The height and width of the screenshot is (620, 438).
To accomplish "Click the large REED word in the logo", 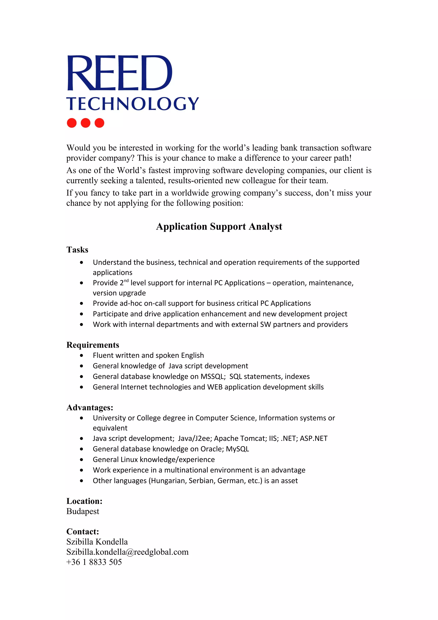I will pos(119,73).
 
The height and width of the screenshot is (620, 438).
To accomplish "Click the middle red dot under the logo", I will pos(85,123).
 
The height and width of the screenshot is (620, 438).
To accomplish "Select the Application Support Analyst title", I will pos(219,226).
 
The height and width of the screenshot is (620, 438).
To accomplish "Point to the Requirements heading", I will pos(93,345).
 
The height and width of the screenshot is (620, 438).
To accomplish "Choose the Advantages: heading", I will pos(90,408).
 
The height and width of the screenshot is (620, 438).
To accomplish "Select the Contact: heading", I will pos(83,531).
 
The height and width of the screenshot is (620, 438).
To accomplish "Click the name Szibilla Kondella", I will pos(97,542).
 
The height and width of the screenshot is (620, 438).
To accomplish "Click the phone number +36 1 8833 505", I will pos(94,562).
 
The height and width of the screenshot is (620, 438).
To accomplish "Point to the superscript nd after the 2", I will pos(126,280).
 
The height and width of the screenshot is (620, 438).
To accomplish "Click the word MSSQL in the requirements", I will pos(213,377).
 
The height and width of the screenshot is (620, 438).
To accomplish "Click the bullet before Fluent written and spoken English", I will pos(81,355).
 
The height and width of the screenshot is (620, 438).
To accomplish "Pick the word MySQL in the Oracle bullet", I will pos(237,449).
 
